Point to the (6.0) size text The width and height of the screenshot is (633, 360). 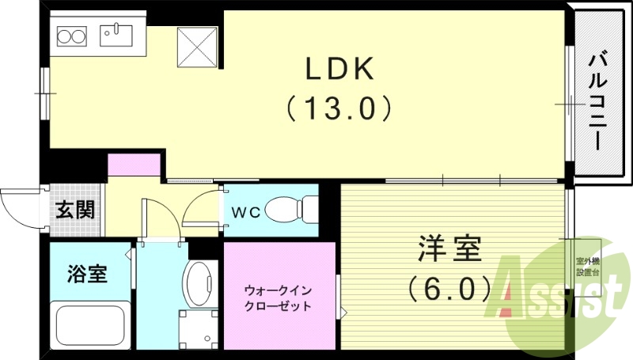[449, 288]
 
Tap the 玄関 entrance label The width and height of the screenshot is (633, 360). [76, 210]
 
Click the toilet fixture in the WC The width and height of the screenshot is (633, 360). [290, 210]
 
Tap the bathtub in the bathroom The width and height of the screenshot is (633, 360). [89, 324]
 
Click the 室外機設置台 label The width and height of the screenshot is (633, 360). [587, 266]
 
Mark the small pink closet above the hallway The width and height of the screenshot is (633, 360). [134, 165]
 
